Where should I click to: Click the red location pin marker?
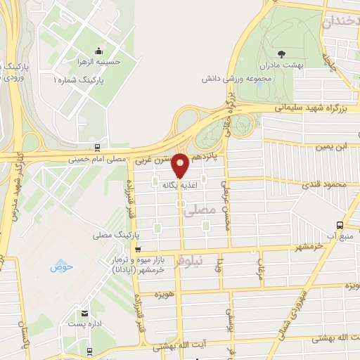click(x=181, y=165)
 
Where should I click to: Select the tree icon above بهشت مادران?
click(x=282, y=53)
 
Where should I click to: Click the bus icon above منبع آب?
click(x=340, y=226)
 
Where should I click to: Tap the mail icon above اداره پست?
click(x=85, y=313)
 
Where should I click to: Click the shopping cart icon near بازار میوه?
click(x=138, y=249)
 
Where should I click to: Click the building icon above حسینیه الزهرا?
click(x=97, y=50)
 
